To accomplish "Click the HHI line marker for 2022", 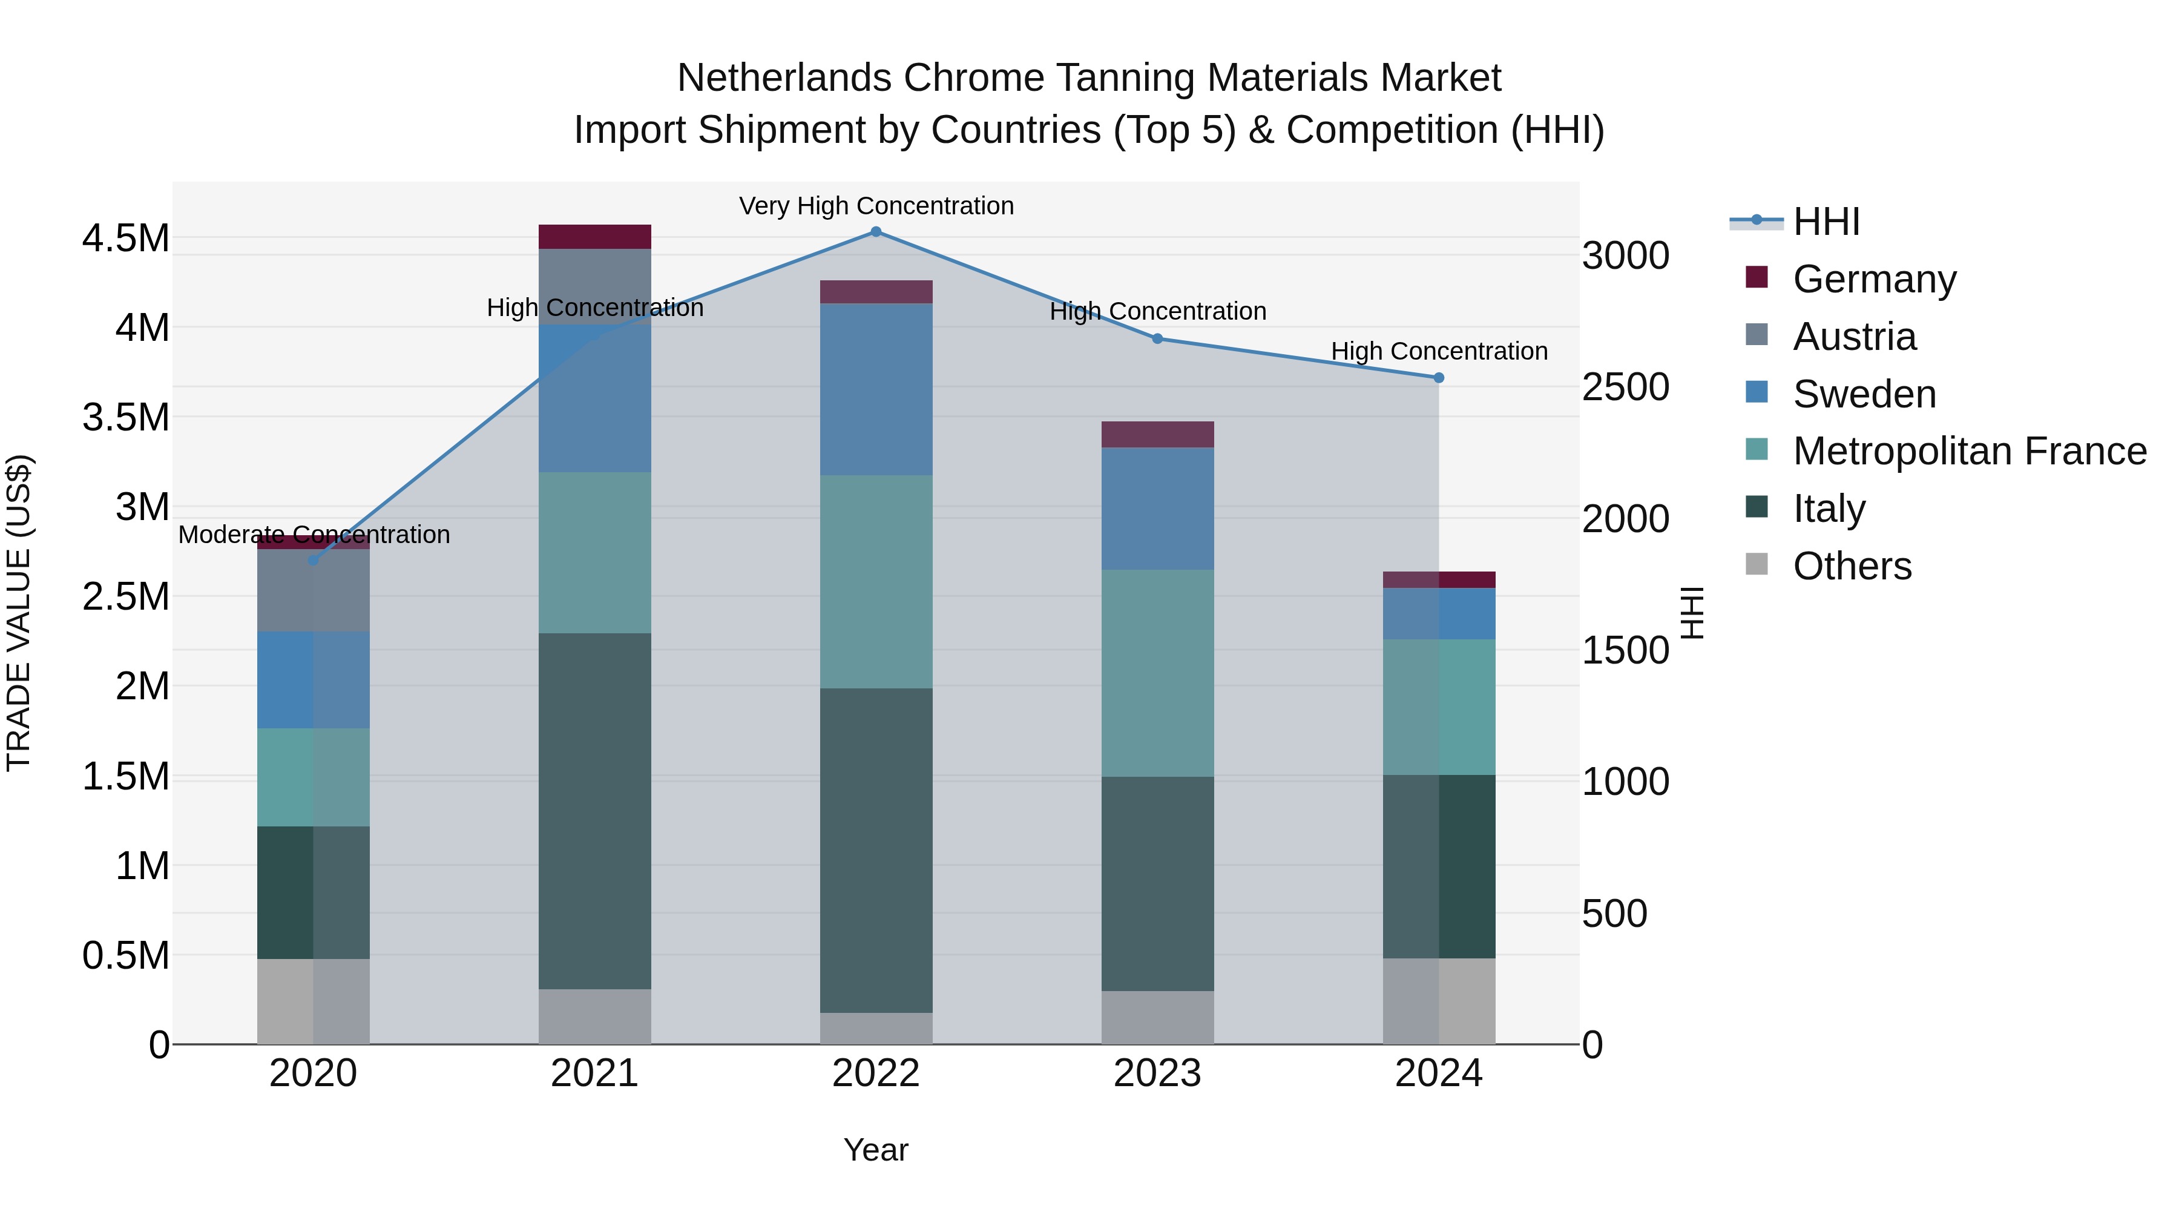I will (875, 232).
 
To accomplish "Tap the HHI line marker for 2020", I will (313, 560).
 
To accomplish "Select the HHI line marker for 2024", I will (1439, 378).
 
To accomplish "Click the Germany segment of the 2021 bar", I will (594, 237).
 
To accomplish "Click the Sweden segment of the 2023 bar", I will (1157, 509).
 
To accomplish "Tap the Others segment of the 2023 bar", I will (1157, 1017).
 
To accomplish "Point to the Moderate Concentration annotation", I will (314, 535).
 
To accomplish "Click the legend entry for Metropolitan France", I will (1969, 451).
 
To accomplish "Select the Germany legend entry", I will (1875, 279).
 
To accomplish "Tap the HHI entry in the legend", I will (1826, 222).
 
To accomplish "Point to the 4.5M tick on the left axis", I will (126, 239).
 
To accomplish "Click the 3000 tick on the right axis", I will (1625, 255).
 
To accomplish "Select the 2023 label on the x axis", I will (1157, 1073).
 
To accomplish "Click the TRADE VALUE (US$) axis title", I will (19, 613).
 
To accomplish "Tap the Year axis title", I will (875, 1150).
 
